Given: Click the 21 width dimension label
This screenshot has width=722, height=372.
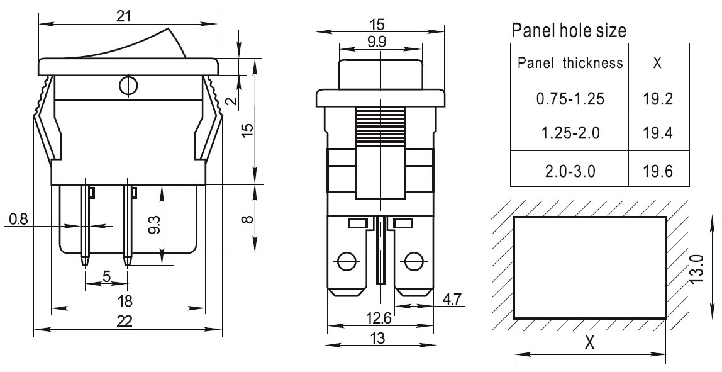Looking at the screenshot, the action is click(123, 16).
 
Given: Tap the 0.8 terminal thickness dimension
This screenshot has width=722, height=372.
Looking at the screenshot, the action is click(18, 219).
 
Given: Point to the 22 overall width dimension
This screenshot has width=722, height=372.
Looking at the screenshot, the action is click(125, 320).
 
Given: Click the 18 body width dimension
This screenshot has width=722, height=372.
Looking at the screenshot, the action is click(125, 301).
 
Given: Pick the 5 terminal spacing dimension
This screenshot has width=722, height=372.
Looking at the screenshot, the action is click(106, 276).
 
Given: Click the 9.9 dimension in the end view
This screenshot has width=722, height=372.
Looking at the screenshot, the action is click(377, 42).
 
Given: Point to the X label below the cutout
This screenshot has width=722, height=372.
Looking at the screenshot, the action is click(589, 343).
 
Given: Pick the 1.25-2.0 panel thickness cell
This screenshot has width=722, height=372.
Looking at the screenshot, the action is click(570, 133).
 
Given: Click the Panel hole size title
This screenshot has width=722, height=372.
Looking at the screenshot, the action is click(569, 30).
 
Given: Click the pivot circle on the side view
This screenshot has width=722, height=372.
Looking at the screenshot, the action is click(128, 85).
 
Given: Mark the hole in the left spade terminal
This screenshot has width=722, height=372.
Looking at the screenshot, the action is click(347, 262).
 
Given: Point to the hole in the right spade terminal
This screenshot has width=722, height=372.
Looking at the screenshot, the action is click(414, 262).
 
